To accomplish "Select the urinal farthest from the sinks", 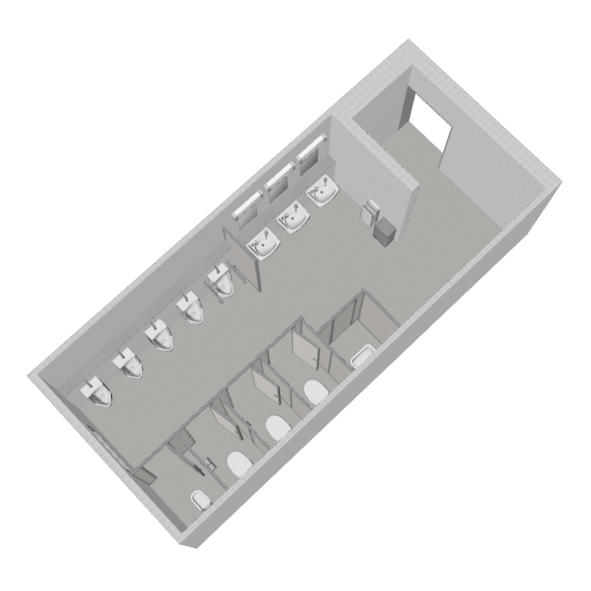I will tap(98, 392).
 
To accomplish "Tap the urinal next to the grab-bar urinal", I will tap(191, 310).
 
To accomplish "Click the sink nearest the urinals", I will tap(264, 243).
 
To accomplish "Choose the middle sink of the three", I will tap(294, 219).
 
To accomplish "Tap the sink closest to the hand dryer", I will tap(323, 194).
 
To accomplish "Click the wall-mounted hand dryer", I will tap(367, 213).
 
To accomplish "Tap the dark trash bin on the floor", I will tap(383, 232).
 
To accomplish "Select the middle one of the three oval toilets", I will tap(276, 427).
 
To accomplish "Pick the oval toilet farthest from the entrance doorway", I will tap(238, 463).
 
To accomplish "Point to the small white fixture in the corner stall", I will tap(199, 501).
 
